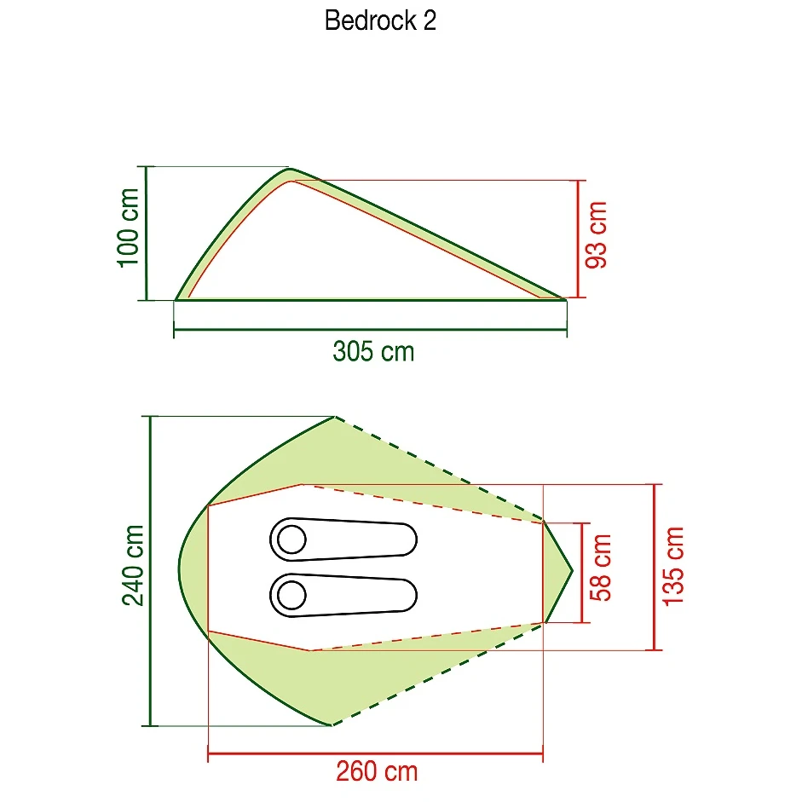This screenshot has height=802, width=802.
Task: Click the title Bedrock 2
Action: click(380, 21)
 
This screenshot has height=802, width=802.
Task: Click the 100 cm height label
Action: click(129, 228)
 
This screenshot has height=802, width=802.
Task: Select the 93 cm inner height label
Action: click(596, 234)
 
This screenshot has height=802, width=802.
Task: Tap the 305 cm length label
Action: click(373, 352)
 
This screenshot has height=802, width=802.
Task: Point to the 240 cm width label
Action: click(133, 565)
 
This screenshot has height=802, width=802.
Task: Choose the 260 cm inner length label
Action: click(377, 771)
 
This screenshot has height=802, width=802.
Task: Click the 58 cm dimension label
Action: click(601, 568)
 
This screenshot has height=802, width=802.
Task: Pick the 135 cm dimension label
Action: click(673, 566)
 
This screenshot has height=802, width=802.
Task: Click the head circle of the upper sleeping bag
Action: click(291, 539)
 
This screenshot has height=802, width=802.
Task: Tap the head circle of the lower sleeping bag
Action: click(291, 595)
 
